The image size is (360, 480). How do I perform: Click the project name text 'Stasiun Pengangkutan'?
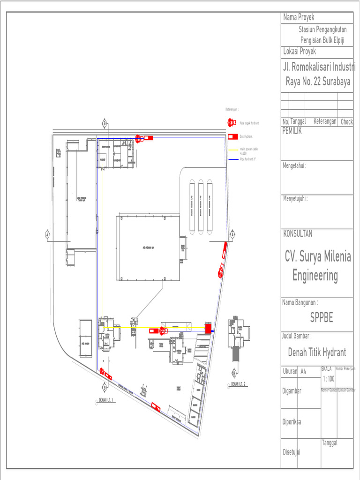pyautogui.click(x=323, y=30)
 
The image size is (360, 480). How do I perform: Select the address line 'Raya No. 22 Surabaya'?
pyautogui.click(x=318, y=81)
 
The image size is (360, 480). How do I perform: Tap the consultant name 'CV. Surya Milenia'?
pyautogui.click(x=318, y=256)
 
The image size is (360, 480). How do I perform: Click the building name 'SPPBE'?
pyautogui.click(x=322, y=317)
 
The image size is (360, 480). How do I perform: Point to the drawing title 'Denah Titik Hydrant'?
pyautogui.click(x=317, y=352)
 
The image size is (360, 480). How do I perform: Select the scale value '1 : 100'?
pyautogui.click(x=328, y=379)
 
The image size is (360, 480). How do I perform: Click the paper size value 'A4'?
pyautogui.click(x=304, y=371)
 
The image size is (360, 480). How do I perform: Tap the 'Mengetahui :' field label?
pyautogui.click(x=294, y=165)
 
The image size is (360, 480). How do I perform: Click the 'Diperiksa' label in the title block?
pyautogui.click(x=292, y=421)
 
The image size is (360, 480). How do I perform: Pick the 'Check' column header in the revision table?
pyautogui.click(x=346, y=122)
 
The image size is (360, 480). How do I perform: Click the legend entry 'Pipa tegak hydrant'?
pyautogui.click(x=249, y=123)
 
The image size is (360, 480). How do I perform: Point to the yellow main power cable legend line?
pyautogui.click(x=233, y=150)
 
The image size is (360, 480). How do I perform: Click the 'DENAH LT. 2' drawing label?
pyautogui.click(x=239, y=384)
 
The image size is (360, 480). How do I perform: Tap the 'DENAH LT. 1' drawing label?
pyautogui.click(x=107, y=400)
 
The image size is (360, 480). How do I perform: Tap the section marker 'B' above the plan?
pyautogui.click(x=105, y=124)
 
